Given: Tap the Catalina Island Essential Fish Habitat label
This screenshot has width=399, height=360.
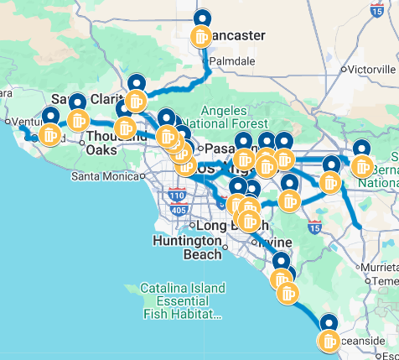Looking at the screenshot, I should pyautogui.click(x=182, y=301).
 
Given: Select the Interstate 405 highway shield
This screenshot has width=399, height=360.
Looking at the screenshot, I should pyautogui.click(x=179, y=209).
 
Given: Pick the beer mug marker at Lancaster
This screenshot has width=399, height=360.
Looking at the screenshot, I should pyautogui.click(x=201, y=37).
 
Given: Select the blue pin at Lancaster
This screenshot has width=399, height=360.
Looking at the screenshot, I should pyautogui.click(x=202, y=18).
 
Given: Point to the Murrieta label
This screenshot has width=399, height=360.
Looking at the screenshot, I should pyautogui.click(x=381, y=265).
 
